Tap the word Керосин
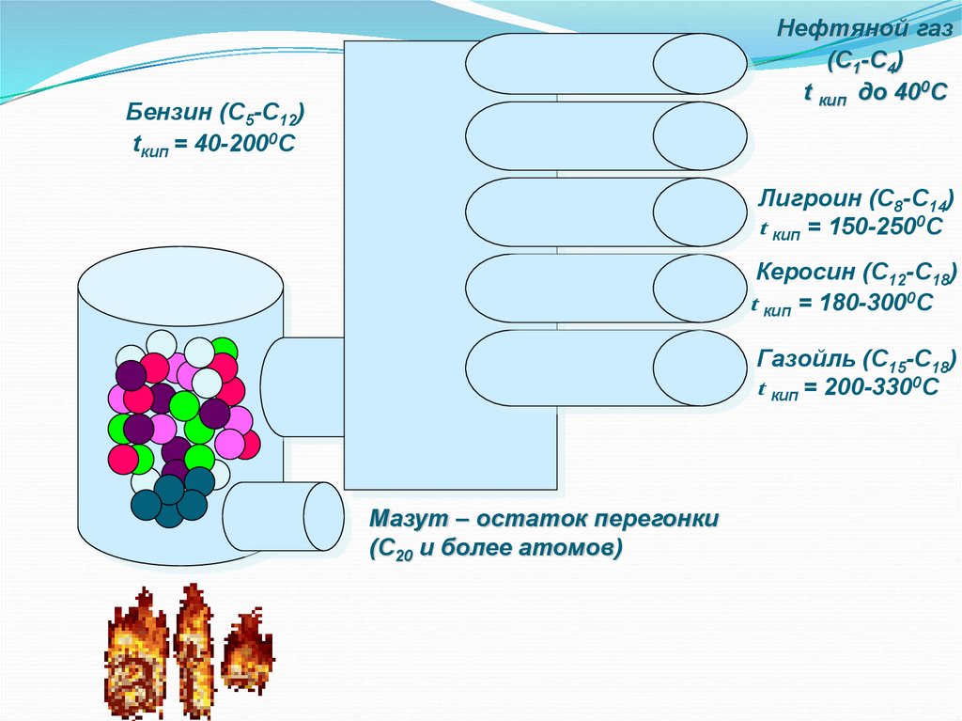(807, 273)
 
